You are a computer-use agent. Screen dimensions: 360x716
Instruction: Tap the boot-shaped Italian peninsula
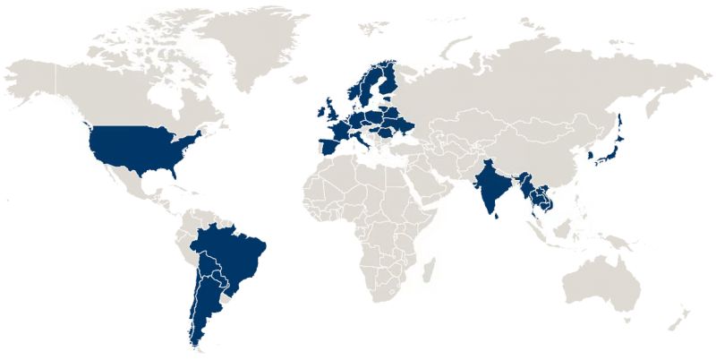tap(364, 143)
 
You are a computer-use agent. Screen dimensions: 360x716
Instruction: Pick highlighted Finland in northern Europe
tap(387, 81)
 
